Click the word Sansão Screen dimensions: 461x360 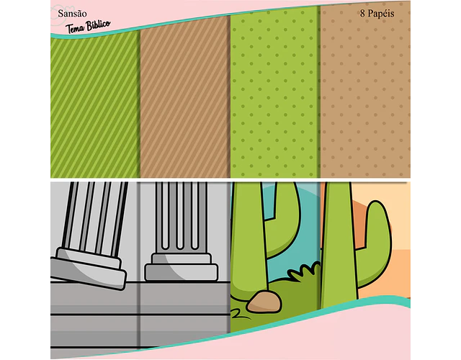coord(72,14)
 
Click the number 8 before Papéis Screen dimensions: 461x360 coord(362,13)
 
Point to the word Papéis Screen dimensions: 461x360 coord(381,14)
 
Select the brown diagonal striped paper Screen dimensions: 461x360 coord(185,97)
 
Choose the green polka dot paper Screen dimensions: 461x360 coord(275,92)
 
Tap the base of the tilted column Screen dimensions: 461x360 coord(89,269)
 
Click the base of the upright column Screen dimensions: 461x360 coord(182,267)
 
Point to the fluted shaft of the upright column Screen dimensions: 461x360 coord(182,217)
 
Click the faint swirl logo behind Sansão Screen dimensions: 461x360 coord(61,16)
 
